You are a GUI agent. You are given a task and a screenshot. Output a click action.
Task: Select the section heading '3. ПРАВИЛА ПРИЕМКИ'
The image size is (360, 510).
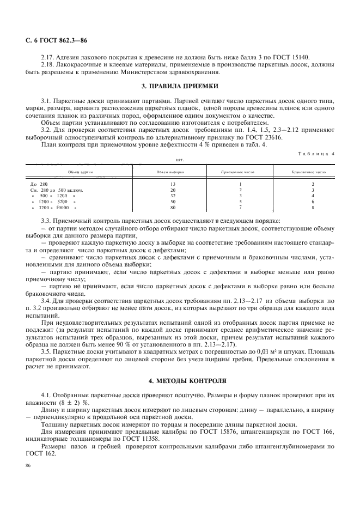click(x=180, y=86)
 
